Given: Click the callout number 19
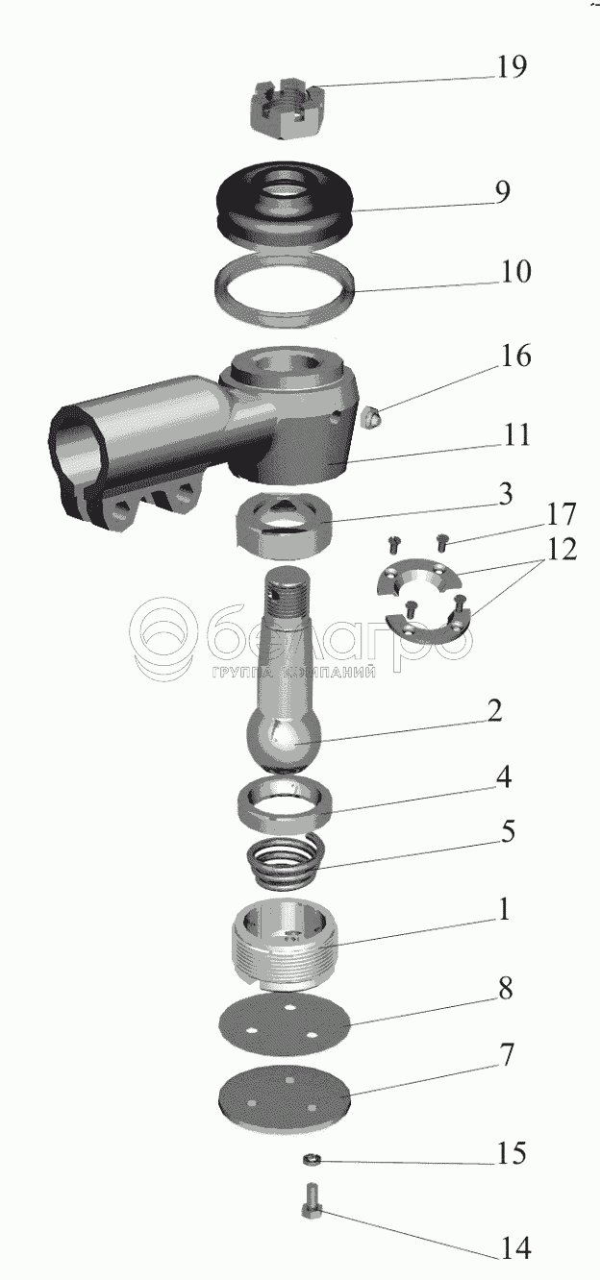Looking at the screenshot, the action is click(511, 67).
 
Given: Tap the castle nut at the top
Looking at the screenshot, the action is click(286, 109).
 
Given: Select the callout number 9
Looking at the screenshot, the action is click(502, 192).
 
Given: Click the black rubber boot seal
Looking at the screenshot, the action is click(285, 208).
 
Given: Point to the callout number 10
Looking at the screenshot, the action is click(515, 271).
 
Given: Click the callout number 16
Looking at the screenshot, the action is click(515, 356).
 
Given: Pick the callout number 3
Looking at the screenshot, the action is click(505, 495).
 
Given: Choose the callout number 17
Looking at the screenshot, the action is click(562, 514).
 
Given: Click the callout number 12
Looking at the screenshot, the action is click(562, 550).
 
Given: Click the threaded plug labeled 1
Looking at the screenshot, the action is click(284, 944).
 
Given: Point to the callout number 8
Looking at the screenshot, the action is click(505, 989).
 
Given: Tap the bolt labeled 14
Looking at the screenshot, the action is click(312, 1202).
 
